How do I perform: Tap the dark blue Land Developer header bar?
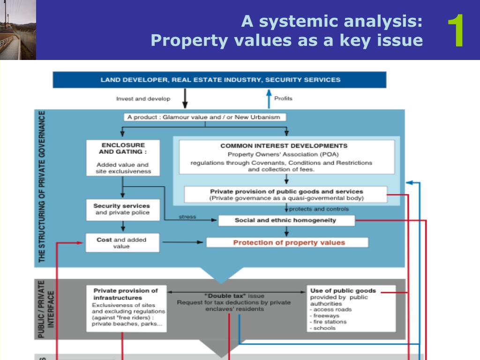pyautogui.click(x=219, y=80)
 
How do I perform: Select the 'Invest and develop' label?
pyautogui.click(x=143, y=99)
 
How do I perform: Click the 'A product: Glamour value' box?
pyautogui.click(x=205, y=118)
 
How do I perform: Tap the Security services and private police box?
pyautogui.click(x=122, y=210)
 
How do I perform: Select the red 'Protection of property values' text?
pyautogui.click(x=289, y=243)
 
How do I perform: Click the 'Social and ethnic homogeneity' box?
pyautogui.click(x=285, y=220)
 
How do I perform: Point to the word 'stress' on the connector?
pyautogui.click(x=187, y=217)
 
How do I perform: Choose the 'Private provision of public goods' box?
pyautogui.click(x=286, y=195)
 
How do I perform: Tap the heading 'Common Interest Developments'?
pyautogui.click(x=284, y=146)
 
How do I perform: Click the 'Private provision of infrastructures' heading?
pyautogui.click(x=125, y=294)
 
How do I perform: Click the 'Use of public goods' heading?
pyautogui.click(x=343, y=291)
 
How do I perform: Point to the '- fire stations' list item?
pyautogui.click(x=329, y=322)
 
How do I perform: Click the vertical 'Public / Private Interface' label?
pyautogui.click(x=46, y=309)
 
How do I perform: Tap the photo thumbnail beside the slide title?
pyautogui.click(x=18, y=30)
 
